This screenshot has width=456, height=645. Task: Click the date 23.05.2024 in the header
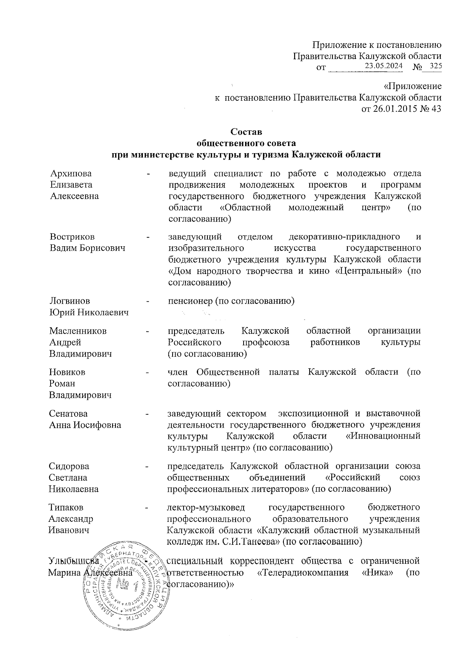click(x=383, y=66)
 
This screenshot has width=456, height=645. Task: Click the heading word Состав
click(x=246, y=132)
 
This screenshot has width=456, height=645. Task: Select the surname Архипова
click(x=71, y=173)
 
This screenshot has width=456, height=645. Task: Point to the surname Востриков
click(x=72, y=237)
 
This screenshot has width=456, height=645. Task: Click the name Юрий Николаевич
click(x=89, y=312)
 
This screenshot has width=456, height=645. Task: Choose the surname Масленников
click(x=78, y=331)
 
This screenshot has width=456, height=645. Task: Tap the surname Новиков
click(x=67, y=372)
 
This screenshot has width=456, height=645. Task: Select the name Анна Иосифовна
click(x=85, y=425)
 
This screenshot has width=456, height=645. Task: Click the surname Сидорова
click(x=69, y=466)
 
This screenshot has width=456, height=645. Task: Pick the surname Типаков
click(x=66, y=507)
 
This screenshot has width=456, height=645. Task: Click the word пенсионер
click(x=188, y=301)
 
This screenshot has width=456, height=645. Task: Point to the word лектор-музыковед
click(x=206, y=507)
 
